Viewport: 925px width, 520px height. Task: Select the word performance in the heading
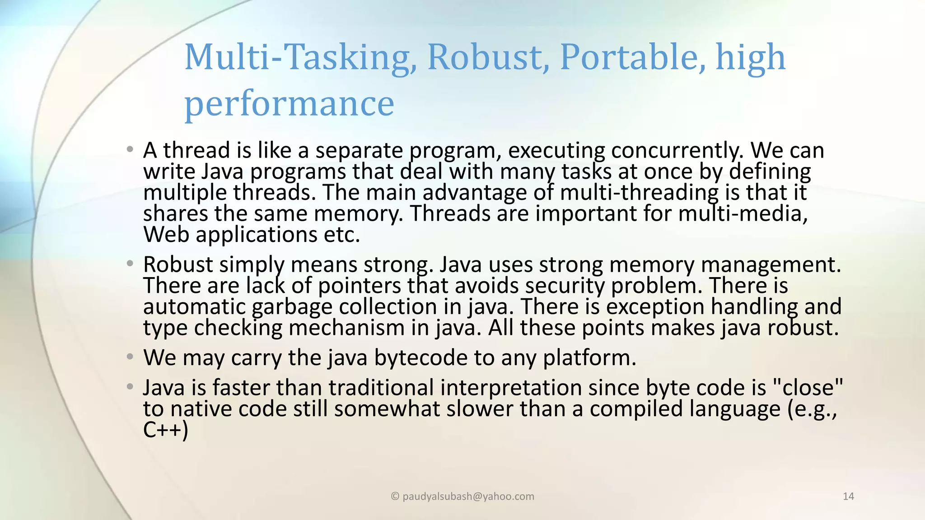tap(290, 104)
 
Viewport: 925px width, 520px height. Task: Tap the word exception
tap(655, 307)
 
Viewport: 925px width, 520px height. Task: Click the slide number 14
tap(848, 497)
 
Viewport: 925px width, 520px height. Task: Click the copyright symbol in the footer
tap(395, 497)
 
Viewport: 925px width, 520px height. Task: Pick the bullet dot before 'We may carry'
tap(130, 357)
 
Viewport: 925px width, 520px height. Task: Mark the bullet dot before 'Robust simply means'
tap(130, 264)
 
